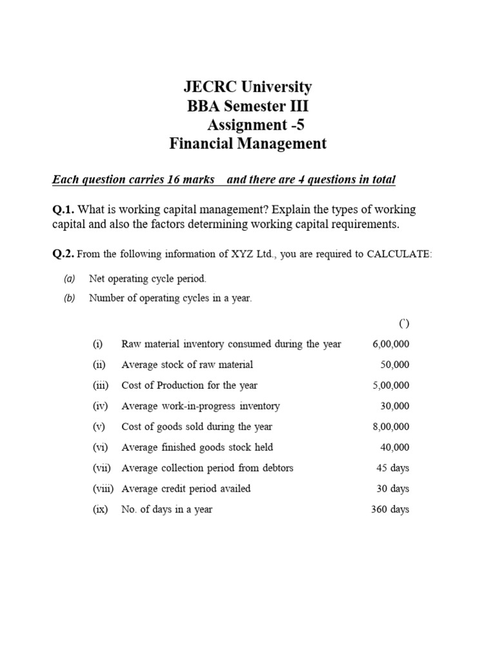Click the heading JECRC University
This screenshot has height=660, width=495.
click(x=247, y=87)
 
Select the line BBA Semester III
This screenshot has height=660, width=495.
click(x=247, y=106)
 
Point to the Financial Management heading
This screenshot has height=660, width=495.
click(x=247, y=144)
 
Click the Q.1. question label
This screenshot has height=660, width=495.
click(x=64, y=209)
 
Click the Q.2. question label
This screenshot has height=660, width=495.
click(x=64, y=254)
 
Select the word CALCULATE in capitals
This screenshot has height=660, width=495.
click(x=399, y=254)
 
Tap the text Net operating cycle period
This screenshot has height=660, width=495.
click(x=148, y=279)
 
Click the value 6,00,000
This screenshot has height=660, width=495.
click(x=391, y=344)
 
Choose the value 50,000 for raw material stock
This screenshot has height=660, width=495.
click(x=394, y=365)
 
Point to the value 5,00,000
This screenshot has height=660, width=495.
click(x=391, y=385)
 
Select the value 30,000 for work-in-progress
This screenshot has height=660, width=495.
click(x=394, y=406)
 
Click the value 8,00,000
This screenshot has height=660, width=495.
click(x=391, y=427)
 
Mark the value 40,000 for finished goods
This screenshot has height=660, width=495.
click(x=394, y=447)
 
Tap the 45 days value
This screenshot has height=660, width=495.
click(x=393, y=468)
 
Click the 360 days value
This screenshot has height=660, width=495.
click(x=390, y=509)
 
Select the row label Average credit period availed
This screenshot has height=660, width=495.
click(x=186, y=489)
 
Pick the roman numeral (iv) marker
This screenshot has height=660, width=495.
click(x=101, y=406)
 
